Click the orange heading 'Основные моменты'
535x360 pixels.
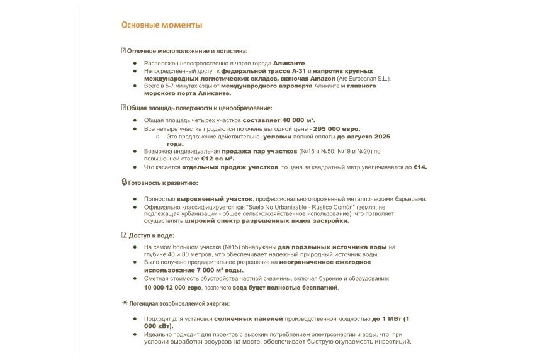pyautogui.click(x=162, y=26)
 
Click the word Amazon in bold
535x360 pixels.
pyautogui.click(x=323, y=79)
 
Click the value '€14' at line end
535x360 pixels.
pyautogui.click(x=420, y=167)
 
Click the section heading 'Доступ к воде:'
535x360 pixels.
pyautogui.click(x=150, y=235)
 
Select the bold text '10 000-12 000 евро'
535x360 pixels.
pyautogui.click(x=172, y=288)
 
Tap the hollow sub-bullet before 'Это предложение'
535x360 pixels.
pyautogui.click(x=157, y=136)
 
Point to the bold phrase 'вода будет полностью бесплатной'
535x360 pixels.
pyautogui.click(x=285, y=288)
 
